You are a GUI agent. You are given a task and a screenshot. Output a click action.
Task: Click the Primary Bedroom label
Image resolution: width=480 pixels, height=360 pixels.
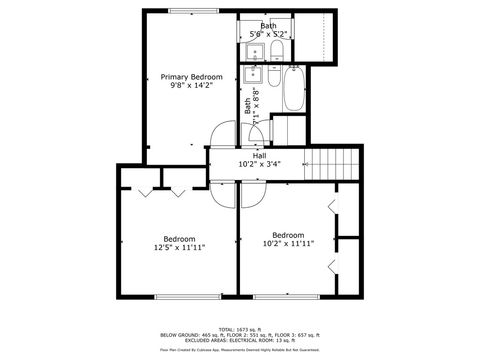pos(192,76)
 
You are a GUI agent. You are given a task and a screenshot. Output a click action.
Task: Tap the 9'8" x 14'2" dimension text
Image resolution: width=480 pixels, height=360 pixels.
pos(192,86)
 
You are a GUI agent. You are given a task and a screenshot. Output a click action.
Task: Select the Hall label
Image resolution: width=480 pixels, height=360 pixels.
pos(259,155)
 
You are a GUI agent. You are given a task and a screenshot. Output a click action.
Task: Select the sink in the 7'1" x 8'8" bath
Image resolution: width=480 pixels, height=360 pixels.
pos(255,73)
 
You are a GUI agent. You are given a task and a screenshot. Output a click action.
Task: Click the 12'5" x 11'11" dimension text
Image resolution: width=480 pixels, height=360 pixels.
pos(179,247)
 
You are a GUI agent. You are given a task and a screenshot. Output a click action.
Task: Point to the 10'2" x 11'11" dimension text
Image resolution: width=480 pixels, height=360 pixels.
pos(288,243)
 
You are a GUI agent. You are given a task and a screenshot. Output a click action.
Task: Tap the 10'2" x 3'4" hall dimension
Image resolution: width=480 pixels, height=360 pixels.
pos(259,164)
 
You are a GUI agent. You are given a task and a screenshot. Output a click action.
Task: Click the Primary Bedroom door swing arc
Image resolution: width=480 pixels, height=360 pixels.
pos(222,135)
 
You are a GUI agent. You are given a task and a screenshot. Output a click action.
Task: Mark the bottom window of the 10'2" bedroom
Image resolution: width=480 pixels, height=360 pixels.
pos(286,297)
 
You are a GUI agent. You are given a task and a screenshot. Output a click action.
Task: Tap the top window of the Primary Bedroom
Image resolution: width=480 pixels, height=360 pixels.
pos(182,11)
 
